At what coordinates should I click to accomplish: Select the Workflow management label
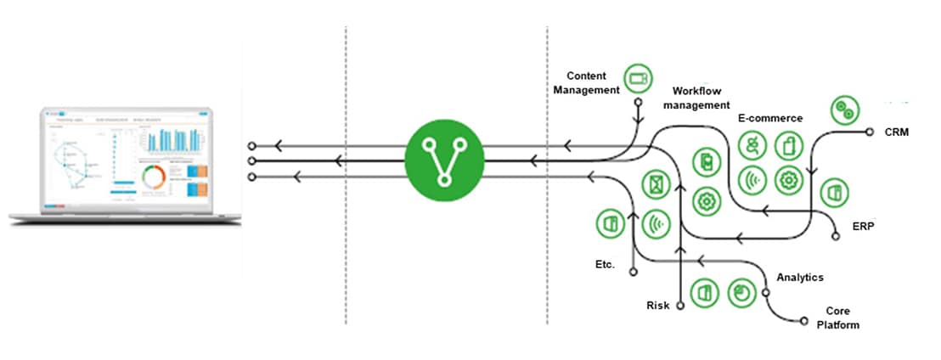(x=700, y=98)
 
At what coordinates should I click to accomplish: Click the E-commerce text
(x=770, y=118)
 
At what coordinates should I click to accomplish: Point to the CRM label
(x=896, y=132)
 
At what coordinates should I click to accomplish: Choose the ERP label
(x=863, y=227)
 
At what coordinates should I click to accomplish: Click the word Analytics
(x=799, y=277)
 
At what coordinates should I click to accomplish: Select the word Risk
(x=657, y=305)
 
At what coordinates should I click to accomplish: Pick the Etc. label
(x=606, y=264)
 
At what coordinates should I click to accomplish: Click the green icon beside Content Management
(x=636, y=78)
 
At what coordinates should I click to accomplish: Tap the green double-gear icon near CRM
(x=845, y=108)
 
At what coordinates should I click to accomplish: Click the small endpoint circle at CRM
(x=869, y=132)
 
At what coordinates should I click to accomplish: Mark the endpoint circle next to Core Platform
(x=804, y=321)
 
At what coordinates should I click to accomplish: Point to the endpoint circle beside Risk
(x=680, y=307)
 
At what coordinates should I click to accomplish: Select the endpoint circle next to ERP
(x=836, y=238)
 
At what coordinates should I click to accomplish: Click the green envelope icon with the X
(x=656, y=183)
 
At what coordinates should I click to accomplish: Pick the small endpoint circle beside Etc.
(x=632, y=273)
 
